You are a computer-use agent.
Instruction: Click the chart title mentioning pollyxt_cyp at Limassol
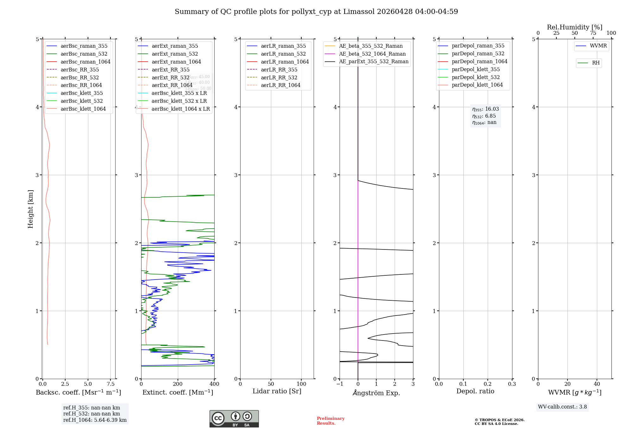(316, 12)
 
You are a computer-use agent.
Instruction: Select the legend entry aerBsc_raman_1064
(85, 62)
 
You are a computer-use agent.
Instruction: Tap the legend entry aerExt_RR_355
(171, 70)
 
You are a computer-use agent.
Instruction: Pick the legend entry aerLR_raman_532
(283, 54)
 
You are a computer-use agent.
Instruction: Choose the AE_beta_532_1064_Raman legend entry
(372, 54)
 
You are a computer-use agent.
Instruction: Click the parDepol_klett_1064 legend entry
(477, 85)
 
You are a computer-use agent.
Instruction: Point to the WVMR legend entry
(598, 46)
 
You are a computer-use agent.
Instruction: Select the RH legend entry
(596, 63)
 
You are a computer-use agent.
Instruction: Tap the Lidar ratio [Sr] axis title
(277, 391)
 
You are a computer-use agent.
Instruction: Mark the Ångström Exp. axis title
(376, 393)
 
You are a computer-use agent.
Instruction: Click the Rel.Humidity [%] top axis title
(574, 27)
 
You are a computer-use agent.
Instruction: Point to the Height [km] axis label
(30, 209)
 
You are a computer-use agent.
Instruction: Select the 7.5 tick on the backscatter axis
(110, 384)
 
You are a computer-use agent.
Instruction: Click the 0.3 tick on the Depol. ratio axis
(512, 384)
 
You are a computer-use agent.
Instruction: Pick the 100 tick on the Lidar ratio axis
(301, 384)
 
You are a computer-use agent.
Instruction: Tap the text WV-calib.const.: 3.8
(562, 407)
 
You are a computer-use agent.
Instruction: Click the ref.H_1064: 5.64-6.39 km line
(95, 420)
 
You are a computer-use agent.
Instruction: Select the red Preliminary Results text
(330, 421)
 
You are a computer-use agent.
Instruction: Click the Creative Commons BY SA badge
(234, 419)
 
